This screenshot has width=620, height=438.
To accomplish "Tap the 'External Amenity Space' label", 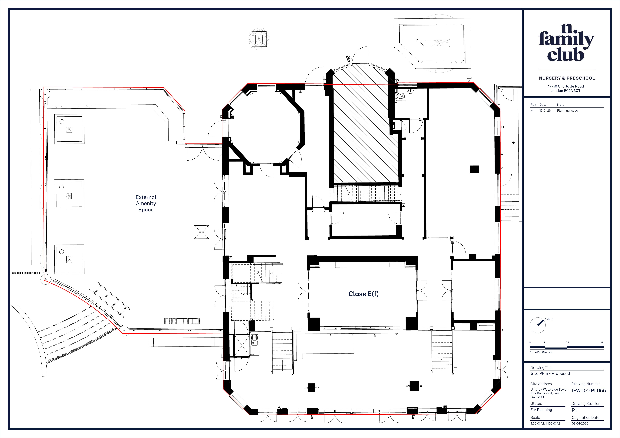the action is pos(146,203).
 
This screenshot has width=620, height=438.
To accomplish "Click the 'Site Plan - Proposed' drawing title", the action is pos(550,373).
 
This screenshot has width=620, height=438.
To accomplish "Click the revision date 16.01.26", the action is pos(545,110).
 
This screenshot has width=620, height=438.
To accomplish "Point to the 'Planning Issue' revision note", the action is pos(567,110).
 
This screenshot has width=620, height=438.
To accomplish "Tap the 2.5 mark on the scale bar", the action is pos(568,342).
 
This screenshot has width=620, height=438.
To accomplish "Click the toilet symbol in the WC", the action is pos(401,96).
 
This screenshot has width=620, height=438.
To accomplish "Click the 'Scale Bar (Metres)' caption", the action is pos(541,352).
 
